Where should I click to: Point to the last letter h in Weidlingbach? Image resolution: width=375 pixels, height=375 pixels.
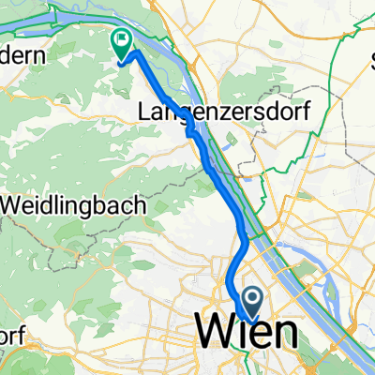coord(140,203)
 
